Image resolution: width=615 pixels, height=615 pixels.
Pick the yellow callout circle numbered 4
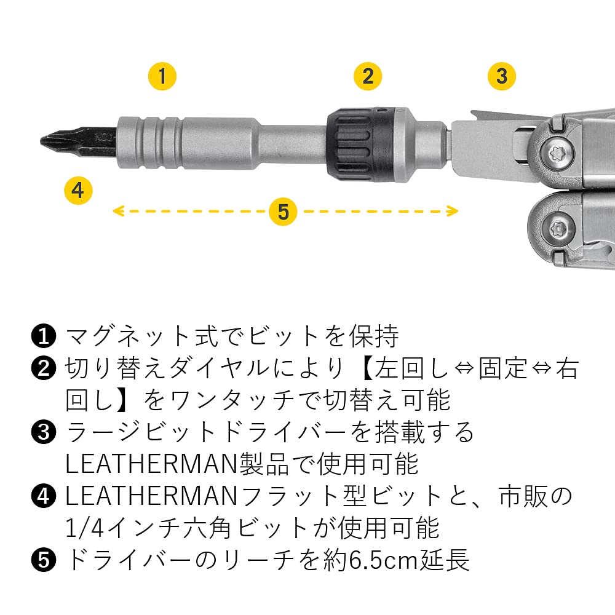pos(78,190)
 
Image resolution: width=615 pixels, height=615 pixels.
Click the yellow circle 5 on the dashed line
pos(283,212)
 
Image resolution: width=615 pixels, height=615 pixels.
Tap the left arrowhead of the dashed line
pos(117,212)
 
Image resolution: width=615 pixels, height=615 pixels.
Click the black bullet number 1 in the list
pos(42,336)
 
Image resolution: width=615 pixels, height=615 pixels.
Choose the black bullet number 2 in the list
pos(42,369)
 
